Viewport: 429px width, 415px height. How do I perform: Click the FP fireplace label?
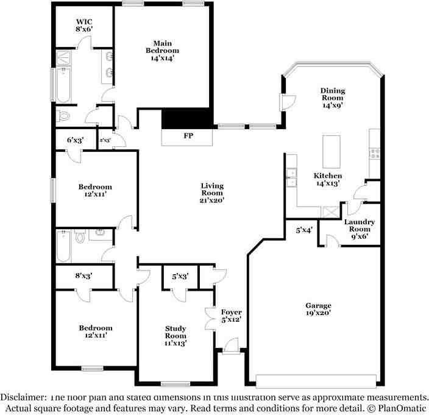click(188, 136)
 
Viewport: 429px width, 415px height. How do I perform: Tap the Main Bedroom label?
click(161, 51)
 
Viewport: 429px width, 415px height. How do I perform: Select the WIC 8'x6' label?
click(83, 24)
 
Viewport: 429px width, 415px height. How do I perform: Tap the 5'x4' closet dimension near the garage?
click(304, 230)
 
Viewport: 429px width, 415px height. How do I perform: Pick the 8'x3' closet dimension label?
click(84, 276)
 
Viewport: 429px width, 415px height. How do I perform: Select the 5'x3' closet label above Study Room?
click(180, 276)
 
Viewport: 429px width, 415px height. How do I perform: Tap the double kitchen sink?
click(292, 177)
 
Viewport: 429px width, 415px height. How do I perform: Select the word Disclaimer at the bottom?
click(29, 396)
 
